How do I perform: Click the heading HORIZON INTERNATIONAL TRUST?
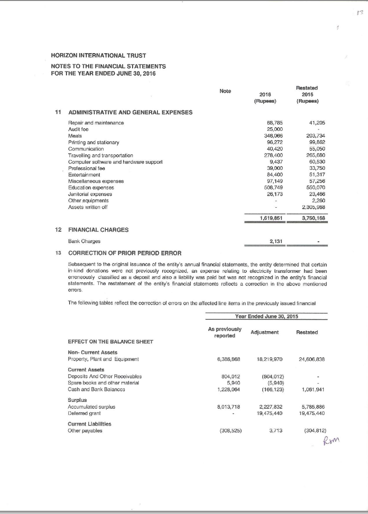point(99,55)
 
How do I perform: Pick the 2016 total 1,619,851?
point(272,218)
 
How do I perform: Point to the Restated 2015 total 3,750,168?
point(313,218)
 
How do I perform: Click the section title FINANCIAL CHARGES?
point(98,230)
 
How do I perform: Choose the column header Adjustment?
point(265,332)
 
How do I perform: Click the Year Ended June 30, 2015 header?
point(266,316)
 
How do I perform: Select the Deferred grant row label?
point(83,414)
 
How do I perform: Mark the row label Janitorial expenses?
point(90,194)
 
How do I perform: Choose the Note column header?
point(225,91)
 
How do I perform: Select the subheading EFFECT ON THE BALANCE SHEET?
point(110,342)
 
